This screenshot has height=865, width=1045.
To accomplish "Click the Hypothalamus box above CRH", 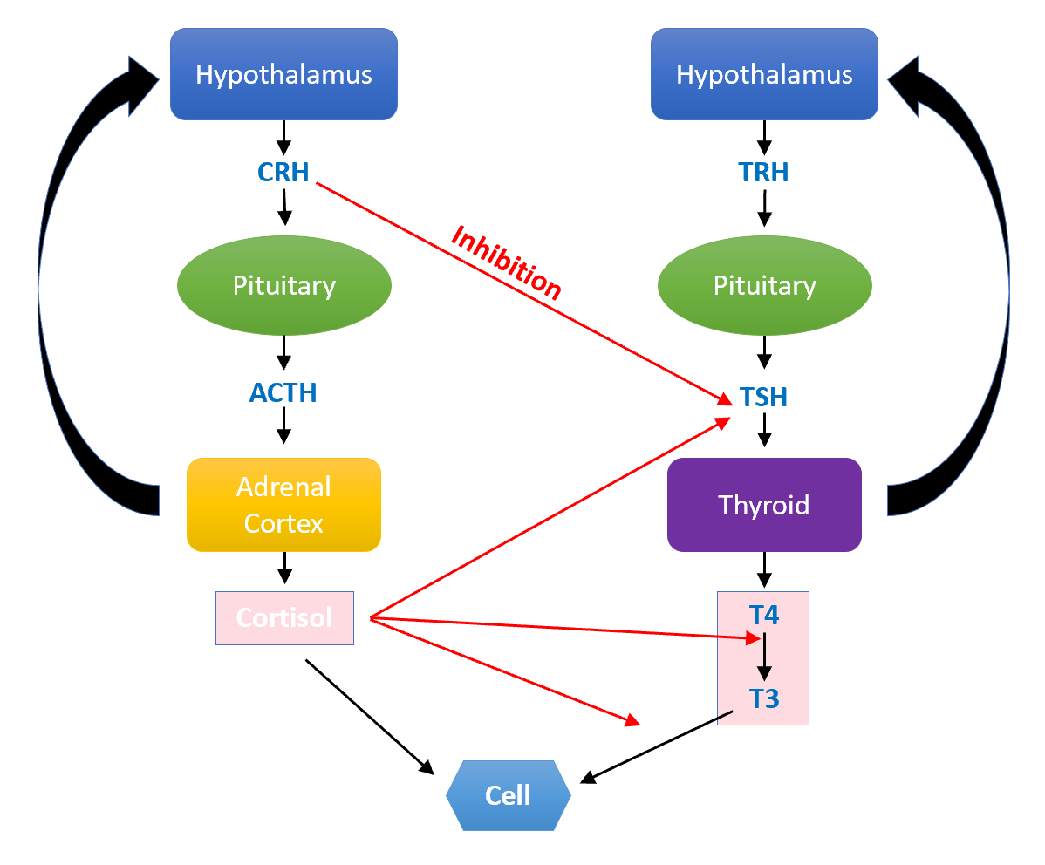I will [283, 74].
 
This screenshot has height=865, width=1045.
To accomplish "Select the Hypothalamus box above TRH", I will [764, 74].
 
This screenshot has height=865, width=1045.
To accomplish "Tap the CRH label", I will [283, 172].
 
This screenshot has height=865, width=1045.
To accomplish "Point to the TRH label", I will [764, 172].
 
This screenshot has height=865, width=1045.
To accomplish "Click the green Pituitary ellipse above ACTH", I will [283, 285].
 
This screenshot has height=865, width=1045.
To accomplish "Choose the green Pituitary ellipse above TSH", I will [764, 285].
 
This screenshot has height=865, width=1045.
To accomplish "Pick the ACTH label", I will [283, 393].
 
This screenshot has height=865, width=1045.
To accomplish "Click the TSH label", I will [763, 398].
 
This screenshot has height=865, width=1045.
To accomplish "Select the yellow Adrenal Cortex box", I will [283, 505].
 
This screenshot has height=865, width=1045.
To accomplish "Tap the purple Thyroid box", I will [764, 505].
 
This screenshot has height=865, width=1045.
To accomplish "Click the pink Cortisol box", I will [284, 618].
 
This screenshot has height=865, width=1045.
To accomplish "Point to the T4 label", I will [764, 616].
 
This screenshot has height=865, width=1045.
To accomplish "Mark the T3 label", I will [764, 698].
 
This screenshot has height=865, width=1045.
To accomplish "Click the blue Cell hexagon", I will [508, 794].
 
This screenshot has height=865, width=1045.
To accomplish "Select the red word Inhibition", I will [506, 262].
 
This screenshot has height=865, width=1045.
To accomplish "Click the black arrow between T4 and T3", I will [764, 658].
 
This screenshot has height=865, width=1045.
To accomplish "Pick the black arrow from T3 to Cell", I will [656, 746].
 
